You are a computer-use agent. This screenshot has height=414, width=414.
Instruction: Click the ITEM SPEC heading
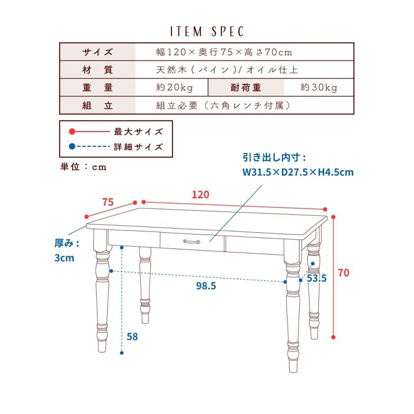(x=207, y=31)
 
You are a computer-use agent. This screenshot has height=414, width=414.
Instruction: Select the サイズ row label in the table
(x=97, y=52)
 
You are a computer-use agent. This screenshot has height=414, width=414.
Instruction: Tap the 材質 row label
(x=97, y=70)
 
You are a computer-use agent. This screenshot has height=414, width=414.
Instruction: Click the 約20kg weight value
(x=174, y=88)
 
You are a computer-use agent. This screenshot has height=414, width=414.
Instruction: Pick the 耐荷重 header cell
(x=246, y=88)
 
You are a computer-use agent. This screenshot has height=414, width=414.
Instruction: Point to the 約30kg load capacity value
(x=319, y=88)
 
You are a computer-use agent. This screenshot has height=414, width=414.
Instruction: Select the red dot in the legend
(x=72, y=132)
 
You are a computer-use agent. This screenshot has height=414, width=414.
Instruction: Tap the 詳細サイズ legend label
(x=138, y=147)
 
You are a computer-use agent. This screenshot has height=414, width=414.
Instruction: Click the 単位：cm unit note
(x=83, y=167)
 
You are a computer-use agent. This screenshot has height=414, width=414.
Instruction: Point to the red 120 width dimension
(x=200, y=195)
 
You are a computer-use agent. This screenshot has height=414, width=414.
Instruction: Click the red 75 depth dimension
(x=108, y=202)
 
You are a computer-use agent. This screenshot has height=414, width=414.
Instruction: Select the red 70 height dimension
(x=343, y=273)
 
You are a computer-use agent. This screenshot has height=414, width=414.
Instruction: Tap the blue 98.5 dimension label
(x=206, y=286)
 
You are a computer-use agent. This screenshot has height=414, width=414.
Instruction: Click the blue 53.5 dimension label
(x=317, y=278)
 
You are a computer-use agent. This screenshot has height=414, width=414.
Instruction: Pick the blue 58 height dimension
(x=132, y=337)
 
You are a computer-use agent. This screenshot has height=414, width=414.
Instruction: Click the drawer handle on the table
(x=191, y=241)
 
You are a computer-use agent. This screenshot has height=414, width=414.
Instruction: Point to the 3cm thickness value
(x=64, y=258)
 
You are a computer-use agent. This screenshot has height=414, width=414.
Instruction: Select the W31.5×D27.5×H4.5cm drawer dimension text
(x=298, y=172)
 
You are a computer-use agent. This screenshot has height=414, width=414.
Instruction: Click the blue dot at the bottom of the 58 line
(x=122, y=353)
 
